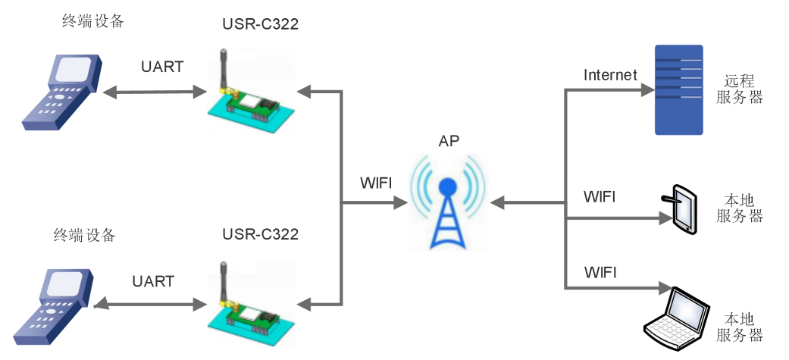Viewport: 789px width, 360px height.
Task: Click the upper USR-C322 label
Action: click(260, 24)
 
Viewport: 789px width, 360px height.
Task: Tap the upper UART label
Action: click(162, 66)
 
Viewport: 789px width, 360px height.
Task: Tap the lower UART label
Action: click(153, 281)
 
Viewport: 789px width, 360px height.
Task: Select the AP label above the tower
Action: click(449, 142)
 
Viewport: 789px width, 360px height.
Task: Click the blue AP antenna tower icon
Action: click(447, 208)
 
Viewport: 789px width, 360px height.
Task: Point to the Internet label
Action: click(610, 74)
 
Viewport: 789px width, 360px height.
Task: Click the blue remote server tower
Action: click(678, 89)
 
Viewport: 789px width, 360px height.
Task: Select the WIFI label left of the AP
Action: click(377, 184)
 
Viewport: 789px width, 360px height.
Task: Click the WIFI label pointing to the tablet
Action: click(600, 197)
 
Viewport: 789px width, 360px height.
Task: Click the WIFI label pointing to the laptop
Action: click(600, 271)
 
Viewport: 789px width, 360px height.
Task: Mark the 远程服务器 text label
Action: click(739, 89)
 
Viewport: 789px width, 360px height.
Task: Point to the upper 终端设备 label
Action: click(92, 21)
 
